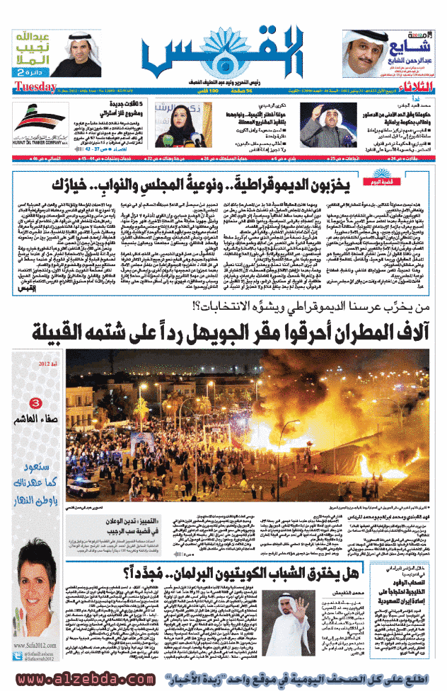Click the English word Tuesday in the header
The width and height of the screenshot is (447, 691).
[x=34, y=86]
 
